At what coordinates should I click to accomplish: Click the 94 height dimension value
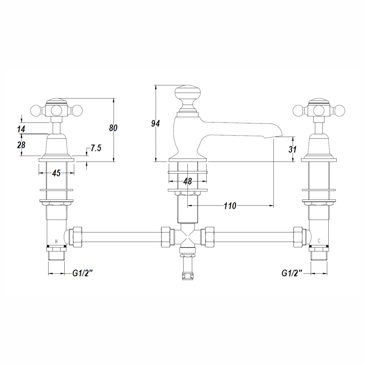(155, 124)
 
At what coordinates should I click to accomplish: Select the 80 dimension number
(113, 127)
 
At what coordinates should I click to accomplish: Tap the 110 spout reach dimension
(230, 206)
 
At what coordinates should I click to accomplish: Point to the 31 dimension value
(292, 149)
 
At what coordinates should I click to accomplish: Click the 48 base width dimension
(187, 182)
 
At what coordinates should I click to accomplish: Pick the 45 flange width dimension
(56, 173)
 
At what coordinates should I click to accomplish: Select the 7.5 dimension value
(96, 148)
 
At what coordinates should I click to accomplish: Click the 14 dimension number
(21, 129)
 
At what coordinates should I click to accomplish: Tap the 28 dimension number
(21, 144)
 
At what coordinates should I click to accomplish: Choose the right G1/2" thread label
(292, 273)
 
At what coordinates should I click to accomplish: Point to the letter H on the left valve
(56, 241)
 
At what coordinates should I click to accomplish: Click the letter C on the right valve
(319, 241)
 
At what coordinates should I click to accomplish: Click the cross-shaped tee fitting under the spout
(188, 238)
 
